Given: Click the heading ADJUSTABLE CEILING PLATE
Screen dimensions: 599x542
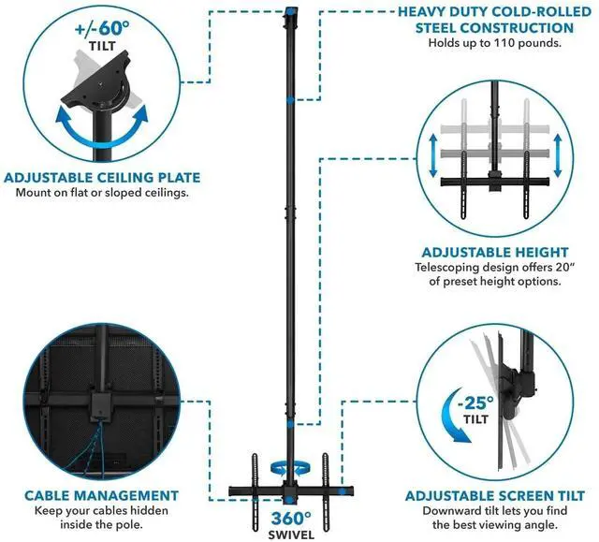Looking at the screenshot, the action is pyautogui.click(x=102, y=177).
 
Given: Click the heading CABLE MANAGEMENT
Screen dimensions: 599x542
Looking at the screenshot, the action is pyautogui.click(x=101, y=495).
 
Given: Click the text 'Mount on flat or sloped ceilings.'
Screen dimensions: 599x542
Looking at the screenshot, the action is pyautogui.click(x=102, y=193).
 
